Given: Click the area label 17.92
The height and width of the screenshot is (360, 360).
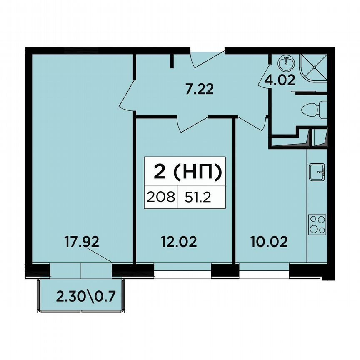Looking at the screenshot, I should point(83,242).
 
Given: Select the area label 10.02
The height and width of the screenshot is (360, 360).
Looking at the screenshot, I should point(269,242).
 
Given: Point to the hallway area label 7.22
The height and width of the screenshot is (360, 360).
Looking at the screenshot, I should point(199,89).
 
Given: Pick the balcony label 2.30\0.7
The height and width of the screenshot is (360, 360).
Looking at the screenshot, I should point(85,297).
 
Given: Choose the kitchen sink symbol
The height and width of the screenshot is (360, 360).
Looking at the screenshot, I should point(318,171).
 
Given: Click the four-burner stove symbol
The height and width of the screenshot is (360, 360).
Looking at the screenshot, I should point(317,225).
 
